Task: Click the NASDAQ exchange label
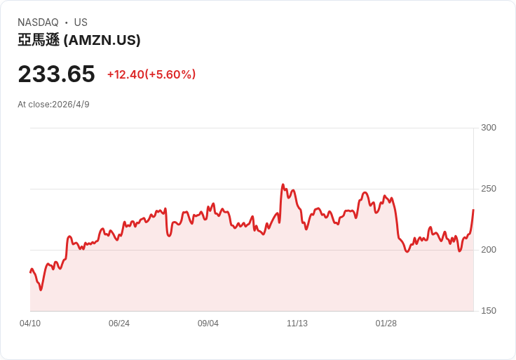(x=38, y=22)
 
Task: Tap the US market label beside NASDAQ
(x=81, y=22)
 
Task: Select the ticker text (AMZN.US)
(x=102, y=40)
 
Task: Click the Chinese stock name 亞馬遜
(x=39, y=40)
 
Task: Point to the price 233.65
(x=56, y=74)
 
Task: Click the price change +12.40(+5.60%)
(x=151, y=74)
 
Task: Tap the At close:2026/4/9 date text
(x=53, y=105)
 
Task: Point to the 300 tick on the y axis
(x=489, y=128)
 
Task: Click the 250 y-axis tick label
(x=489, y=189)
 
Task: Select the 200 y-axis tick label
(x=489, y=250)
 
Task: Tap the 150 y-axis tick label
(x=489, y=311)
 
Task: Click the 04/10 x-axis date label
(x=30, y=324)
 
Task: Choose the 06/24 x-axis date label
(x=119, y=324)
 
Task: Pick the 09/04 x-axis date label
(x=208, y=324)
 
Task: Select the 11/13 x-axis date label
(x=297, y=324)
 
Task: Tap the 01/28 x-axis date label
(x=386, y=324)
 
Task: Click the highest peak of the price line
(x=283, y=185)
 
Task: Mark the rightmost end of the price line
(x=473, y=210)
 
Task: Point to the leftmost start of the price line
(x=30, y=272)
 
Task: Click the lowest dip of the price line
(x=41, y=290)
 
